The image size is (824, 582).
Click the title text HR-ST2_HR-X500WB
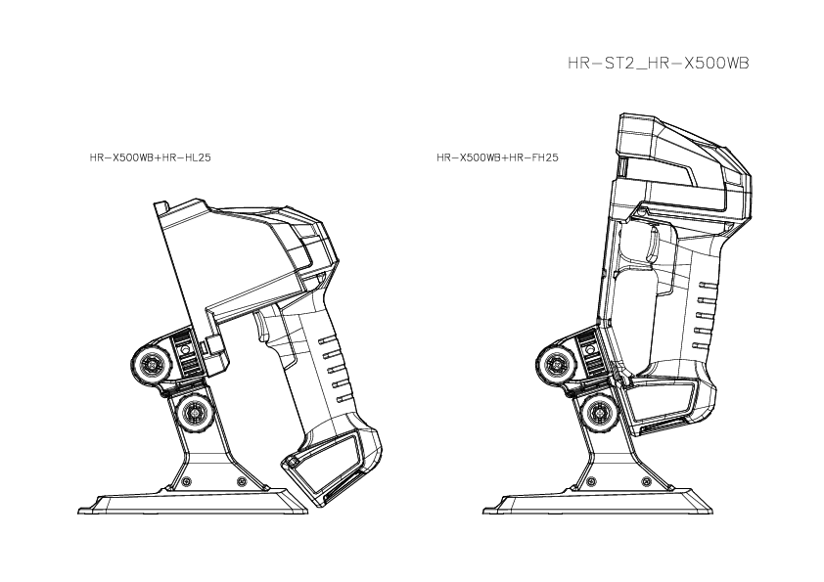[x=659, y=63]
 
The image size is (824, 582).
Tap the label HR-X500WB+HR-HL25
[x=151, y=157]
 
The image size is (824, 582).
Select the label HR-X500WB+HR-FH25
[x=498, y=157]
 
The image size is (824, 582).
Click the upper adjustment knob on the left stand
[x=151, y=363]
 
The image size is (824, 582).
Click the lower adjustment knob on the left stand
[x=195, y=413]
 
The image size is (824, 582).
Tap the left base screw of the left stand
[x=185, y=481]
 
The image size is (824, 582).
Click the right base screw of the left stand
[x=242, y=481]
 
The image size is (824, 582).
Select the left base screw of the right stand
[x=591, y=481]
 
